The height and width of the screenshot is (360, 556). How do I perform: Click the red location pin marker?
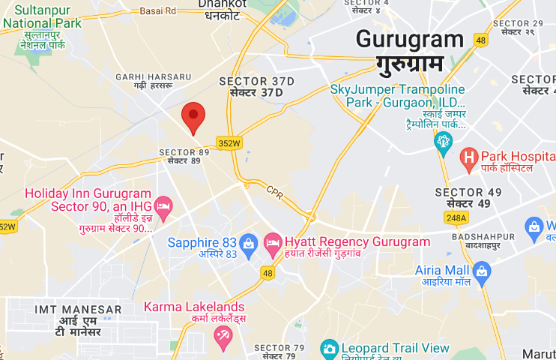194,117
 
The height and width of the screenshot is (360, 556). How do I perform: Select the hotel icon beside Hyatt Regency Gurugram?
273,242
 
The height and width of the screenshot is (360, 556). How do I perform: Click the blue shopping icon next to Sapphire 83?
250,242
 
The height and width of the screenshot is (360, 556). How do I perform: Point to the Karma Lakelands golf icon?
222,337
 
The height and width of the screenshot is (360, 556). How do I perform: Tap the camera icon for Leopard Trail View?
329,349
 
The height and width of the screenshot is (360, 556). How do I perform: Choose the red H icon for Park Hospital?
469,157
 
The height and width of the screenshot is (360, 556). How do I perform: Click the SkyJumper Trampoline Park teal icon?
443,139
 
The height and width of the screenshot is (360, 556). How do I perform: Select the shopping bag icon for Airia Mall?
482,270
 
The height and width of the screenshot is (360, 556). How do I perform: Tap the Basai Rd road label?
159,11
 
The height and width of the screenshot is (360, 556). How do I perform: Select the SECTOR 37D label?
256,81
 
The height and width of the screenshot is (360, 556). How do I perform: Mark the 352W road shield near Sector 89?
229,143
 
